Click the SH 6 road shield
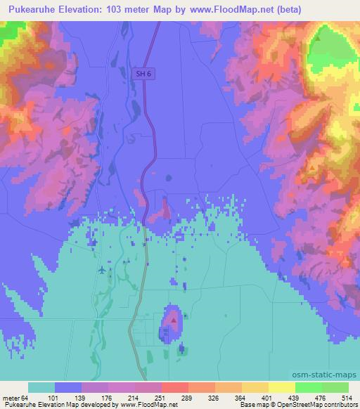144,73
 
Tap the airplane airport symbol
103,269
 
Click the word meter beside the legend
11,397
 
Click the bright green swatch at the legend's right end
335,387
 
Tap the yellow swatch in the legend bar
282,387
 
